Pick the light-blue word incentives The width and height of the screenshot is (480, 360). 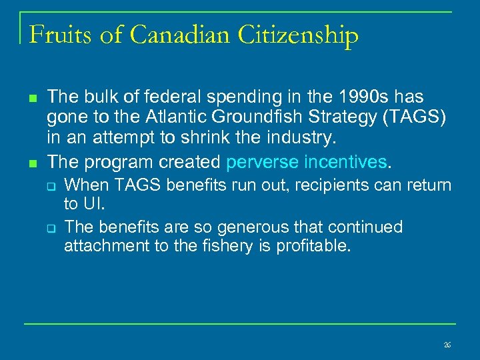pos(347,162)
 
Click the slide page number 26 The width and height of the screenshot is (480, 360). pos(447,345)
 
